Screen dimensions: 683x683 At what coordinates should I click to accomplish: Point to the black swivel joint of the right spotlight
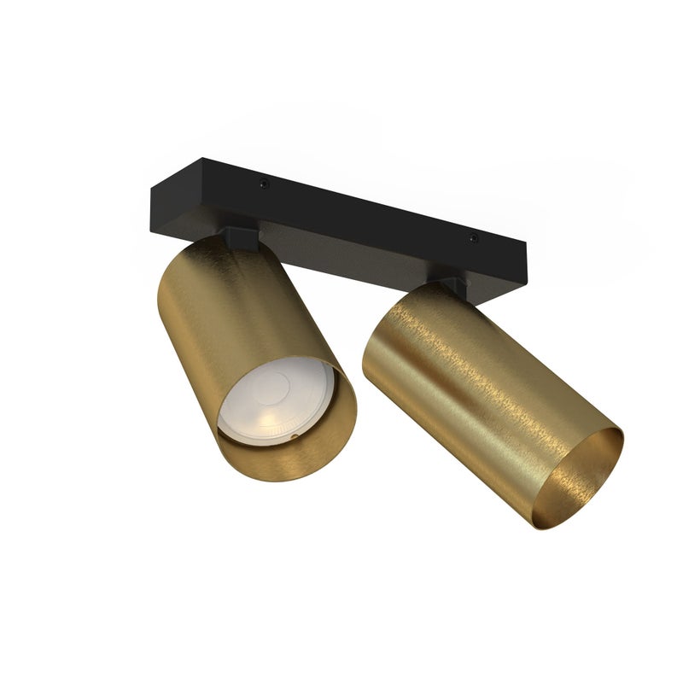pyautogui.click(x=452, y=285)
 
